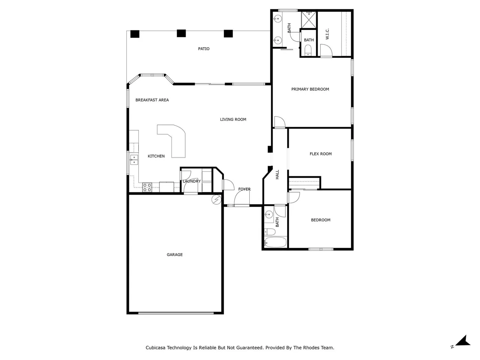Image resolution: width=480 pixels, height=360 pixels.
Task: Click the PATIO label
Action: (204, 49)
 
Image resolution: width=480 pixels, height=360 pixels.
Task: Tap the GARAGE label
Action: (174, 255)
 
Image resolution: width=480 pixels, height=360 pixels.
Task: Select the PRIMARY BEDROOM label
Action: (310, 89)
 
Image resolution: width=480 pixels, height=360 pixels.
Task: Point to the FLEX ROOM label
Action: (321, 154)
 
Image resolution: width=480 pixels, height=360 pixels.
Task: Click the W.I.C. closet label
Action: (327, 34)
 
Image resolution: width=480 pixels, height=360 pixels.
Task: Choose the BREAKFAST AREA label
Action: (152, 100)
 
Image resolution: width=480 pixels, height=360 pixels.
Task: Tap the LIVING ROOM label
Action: (233, 119)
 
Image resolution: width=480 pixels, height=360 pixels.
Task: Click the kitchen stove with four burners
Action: (147, 187)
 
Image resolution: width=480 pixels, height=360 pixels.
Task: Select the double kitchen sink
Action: (134, 160)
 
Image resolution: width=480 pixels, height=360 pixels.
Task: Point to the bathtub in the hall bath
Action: (275, 242)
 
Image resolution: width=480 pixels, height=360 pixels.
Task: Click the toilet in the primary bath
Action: (308, 50)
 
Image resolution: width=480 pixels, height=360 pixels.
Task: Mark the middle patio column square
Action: (181, 33)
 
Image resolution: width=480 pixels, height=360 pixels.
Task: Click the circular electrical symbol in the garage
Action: (216, 200)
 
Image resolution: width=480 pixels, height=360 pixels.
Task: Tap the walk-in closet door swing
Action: (326, 50)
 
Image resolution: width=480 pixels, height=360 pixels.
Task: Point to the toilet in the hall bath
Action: (270, 231)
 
